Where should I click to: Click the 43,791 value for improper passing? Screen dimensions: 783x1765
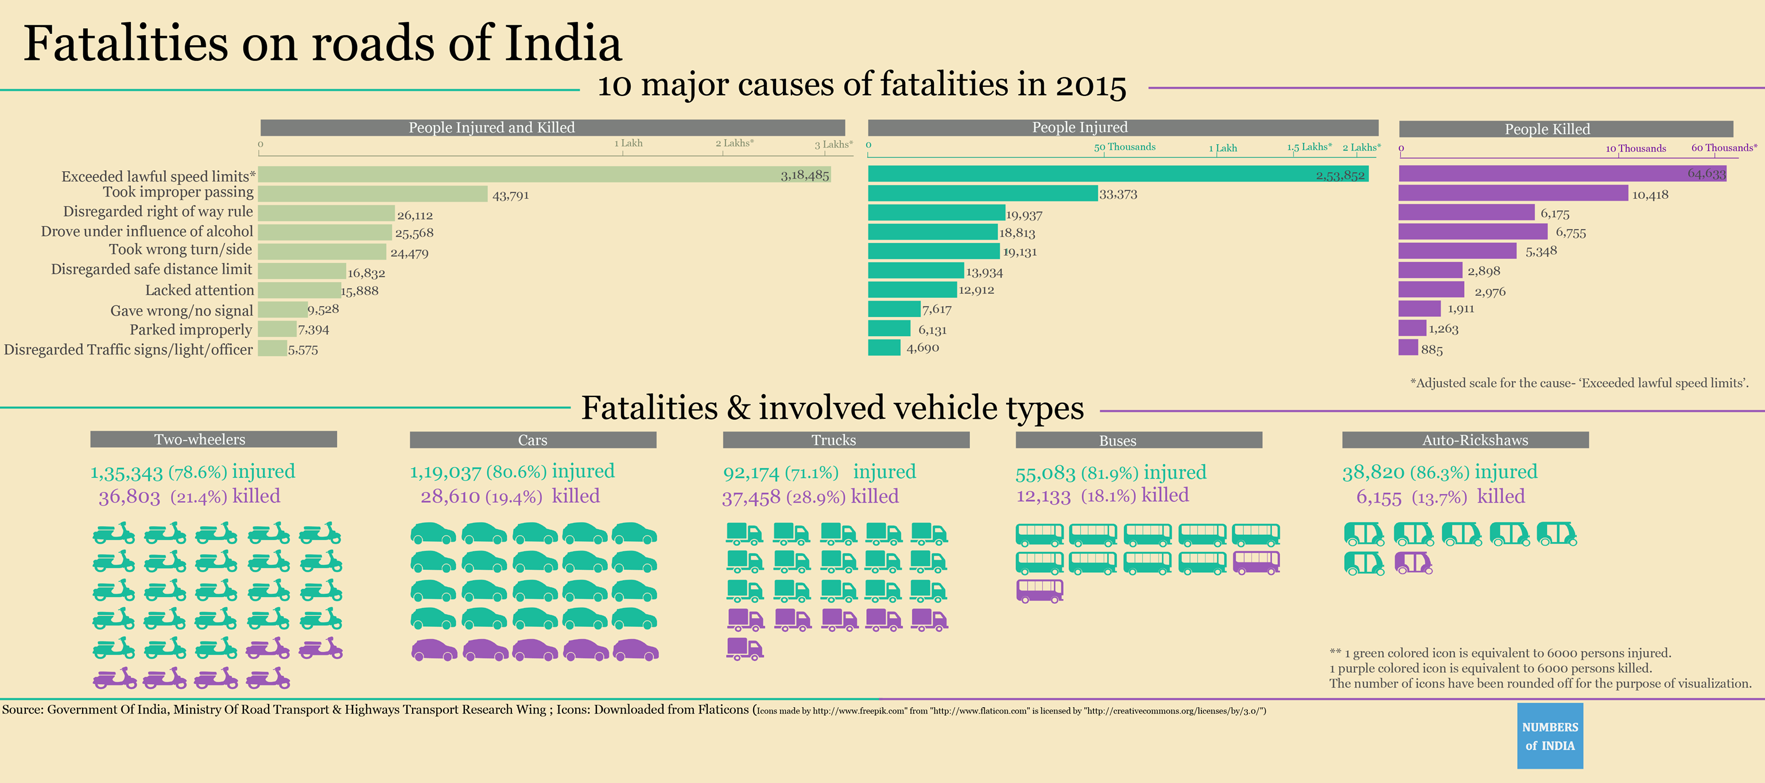click(x=510, y=195)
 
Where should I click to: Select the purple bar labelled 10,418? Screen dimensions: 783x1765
click(x=1513, y=194)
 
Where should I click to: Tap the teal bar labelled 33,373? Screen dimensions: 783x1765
click(x=983, y=194)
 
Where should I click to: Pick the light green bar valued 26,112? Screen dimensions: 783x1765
click(x=326, y=213)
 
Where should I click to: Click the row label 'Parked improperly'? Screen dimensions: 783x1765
click(x=191, y=330)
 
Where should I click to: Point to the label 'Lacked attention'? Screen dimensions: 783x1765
click(x=199, y=290)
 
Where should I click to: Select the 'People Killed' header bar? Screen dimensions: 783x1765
click(x=1566, y=129)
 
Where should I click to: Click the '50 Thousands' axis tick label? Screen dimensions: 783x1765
click(x=1124, y=146)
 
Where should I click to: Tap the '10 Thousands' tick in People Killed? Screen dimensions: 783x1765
click(x=1635, y=148)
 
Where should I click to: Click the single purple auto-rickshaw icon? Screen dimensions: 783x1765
click(x=1413, y=563)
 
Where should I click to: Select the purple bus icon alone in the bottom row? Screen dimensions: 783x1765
click(x=1039, y=591)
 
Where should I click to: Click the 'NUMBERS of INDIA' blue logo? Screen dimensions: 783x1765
click(x=1550, y=736)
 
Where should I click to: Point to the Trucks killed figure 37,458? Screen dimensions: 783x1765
click(x=751, y=497)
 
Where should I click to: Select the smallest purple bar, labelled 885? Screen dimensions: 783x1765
click(x=1408, y=348)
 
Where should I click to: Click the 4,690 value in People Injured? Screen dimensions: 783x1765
click(x=922, y=348)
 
